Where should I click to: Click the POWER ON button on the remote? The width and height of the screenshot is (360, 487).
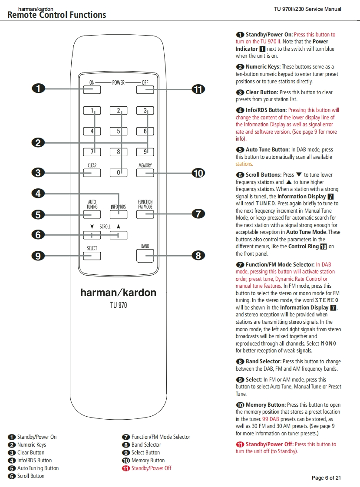tap(92, 90)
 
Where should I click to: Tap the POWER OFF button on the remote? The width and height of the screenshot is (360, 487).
tap(145, 90)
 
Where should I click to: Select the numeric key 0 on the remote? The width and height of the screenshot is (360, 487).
tap(119, 173)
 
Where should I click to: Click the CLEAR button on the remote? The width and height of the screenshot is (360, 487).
tap(92, 173)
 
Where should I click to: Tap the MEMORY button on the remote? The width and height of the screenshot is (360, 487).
tap(145, 173)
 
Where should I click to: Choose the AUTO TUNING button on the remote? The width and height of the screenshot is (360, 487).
tap(92, 214)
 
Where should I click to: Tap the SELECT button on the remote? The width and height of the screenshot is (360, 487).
tap(92, 256)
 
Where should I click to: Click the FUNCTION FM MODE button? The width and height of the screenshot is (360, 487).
tap(145, 214)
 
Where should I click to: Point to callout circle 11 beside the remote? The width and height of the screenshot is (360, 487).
tap(198, 90)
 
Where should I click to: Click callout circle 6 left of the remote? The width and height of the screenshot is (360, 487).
tap(38, 235)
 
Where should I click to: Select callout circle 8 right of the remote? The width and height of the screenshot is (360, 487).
tap(198, 256)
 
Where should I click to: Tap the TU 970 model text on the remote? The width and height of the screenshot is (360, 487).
tap(118, 305)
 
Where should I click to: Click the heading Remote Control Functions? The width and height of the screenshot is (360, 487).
tap(57, 15)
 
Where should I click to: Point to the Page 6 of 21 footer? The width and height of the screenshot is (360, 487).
tap(326, 478)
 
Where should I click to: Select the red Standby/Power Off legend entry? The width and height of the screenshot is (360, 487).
tap(151, 468)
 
